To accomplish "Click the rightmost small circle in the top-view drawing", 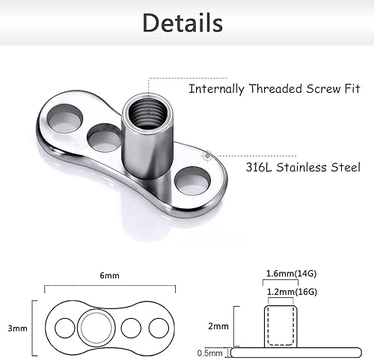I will point(158,329).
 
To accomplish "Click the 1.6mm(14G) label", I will point(289,273).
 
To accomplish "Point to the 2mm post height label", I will point(218,326).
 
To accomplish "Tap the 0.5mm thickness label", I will point(215,351).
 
